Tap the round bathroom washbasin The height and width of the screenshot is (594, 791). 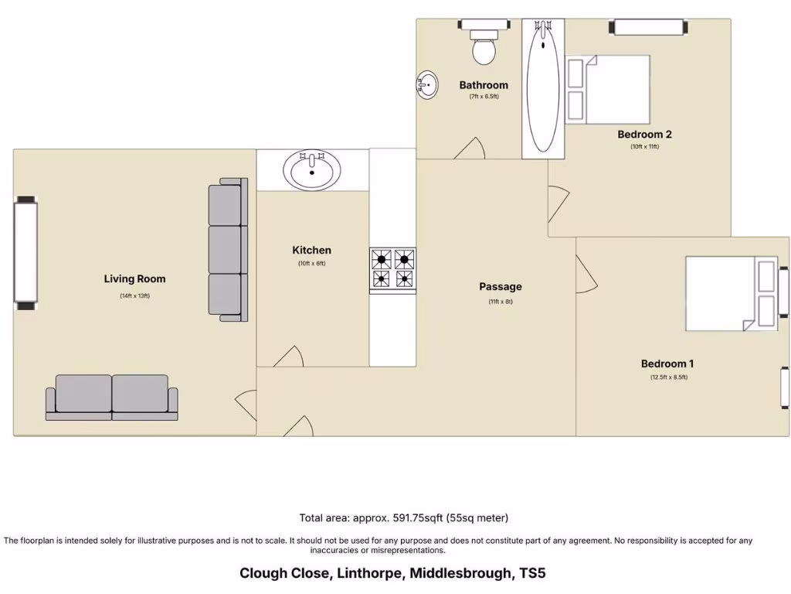[x=427, y=83]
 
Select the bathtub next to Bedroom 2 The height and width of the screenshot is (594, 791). [x=542, y=88]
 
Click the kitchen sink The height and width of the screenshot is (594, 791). [x=312, y=169]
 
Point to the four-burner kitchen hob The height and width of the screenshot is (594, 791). [x=392, y=270]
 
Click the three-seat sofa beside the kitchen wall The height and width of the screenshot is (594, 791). [x=228, y=250]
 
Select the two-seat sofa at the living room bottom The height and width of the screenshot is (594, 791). [x=112, y=397]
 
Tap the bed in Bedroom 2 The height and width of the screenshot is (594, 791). [x=609, y=90]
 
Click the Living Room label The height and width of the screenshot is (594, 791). [x=134, y=278]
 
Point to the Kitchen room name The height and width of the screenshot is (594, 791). [x=311, y=250]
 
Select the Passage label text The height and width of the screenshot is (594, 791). [x=500, y=286]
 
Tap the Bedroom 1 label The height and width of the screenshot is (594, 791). [x=667, y=364]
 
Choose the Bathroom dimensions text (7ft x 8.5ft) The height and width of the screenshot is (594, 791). [x=484, y=97]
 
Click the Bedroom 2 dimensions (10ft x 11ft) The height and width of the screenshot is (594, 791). [x=644, y=146]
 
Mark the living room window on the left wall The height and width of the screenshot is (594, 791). [x=25, y=253]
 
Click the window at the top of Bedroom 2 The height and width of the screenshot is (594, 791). [x=649, y=27]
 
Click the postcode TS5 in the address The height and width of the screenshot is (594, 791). [x=532, y=573]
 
